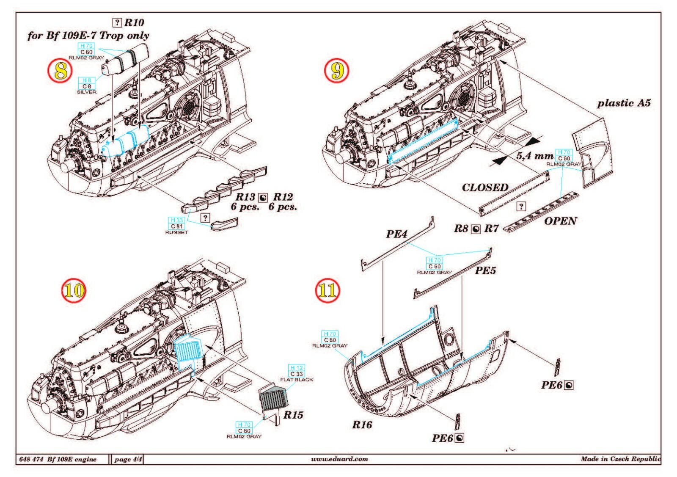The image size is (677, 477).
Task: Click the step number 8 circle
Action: [61, 71]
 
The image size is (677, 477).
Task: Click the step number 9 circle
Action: [337, 71]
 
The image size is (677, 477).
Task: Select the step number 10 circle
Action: [74, 290]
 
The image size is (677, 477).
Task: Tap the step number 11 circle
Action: [328, 290]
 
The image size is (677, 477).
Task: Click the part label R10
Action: [134, 22]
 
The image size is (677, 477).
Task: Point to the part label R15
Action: [293, 415]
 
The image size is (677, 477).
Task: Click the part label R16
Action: [362, 425]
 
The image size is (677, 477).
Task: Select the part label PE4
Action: [396, 234]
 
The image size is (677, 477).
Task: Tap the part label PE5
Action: [485, 270]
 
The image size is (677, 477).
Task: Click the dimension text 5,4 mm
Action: [534, 156]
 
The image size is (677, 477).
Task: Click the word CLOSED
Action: [485, 187]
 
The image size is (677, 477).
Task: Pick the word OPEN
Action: [560, 221]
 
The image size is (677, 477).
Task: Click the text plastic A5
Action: [623, 103]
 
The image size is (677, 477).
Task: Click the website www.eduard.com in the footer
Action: [339, 459]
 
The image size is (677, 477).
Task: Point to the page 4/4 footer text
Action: [128, 459]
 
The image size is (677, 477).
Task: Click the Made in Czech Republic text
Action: [620, 459]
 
